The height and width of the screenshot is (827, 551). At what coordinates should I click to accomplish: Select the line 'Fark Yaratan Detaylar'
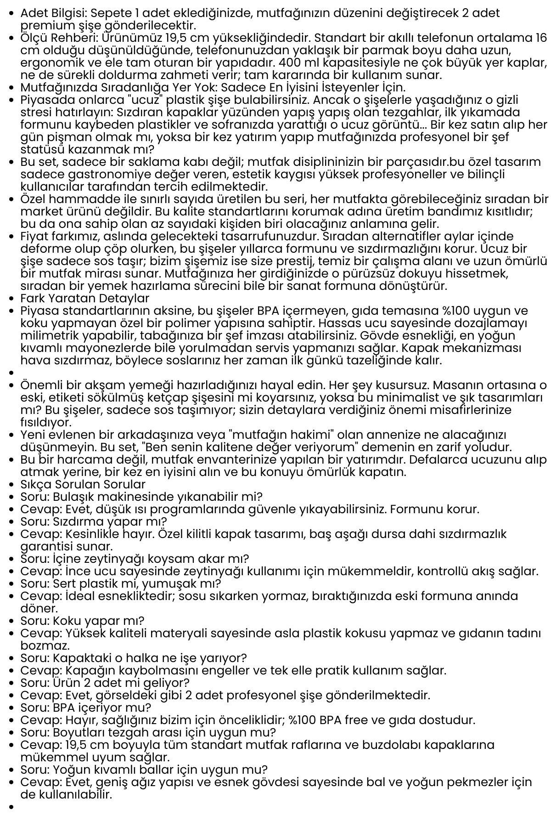click(85, 298)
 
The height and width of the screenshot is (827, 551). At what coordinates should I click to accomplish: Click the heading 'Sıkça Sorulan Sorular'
click(83, 484)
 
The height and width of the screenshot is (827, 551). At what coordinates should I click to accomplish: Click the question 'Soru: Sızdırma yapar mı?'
click(94, 521)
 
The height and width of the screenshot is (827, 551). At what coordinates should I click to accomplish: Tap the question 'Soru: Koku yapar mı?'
click(82, 621)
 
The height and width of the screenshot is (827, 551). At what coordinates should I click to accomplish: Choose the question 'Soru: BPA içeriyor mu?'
click(86, 708)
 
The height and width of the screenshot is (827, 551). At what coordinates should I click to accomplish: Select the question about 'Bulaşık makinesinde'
click(141, 497)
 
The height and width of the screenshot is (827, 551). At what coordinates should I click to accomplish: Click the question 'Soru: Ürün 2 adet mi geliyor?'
click(105, 683)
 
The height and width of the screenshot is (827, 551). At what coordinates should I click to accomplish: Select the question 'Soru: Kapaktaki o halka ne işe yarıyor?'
click(134, 658)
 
